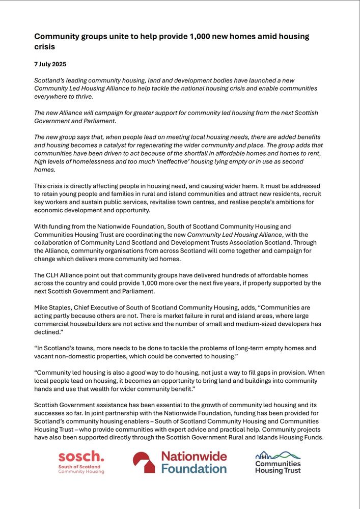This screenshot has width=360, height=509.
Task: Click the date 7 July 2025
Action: click(x=50, y=65)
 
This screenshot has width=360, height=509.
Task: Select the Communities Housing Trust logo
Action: click(x=278, y=462)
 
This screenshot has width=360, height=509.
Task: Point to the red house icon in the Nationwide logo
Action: click(x=144, y=462)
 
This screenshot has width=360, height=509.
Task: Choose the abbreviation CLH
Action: click(x=55, y=275)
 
